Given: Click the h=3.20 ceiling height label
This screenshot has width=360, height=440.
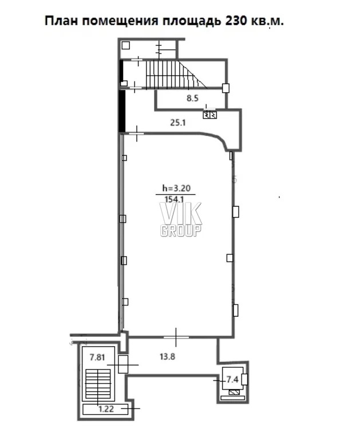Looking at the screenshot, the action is point(177,188).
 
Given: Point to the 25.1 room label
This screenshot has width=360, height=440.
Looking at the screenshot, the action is point(178,123).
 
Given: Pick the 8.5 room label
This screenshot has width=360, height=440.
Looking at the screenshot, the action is point(193,98).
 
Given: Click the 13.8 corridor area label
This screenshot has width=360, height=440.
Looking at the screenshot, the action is point(167,357).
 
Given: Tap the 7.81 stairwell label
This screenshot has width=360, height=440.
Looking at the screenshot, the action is point(97,357).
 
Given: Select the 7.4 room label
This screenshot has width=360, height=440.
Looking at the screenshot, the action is point(232,380).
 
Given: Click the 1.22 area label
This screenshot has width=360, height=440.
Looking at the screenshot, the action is point(106,409).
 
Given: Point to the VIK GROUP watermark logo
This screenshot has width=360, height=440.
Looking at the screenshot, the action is point(181,219).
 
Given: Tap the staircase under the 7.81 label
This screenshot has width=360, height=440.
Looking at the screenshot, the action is point(98,384).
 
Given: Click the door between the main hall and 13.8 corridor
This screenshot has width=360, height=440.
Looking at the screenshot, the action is point(176,337).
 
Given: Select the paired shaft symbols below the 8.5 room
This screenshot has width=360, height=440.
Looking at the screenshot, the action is point(209,115).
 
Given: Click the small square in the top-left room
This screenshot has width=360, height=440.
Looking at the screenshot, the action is point(125,45).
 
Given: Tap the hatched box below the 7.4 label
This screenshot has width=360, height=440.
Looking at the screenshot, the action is point(234,392).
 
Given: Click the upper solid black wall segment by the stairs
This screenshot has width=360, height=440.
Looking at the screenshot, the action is point(121,73).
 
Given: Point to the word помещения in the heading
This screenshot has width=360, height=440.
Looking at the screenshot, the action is point(120,21).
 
